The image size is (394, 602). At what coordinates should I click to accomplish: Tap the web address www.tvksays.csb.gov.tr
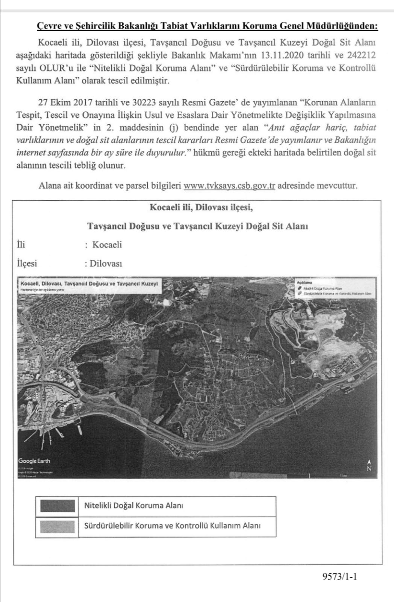tap(229, 185)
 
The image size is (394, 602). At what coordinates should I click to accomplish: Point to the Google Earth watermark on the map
tap(34, 461)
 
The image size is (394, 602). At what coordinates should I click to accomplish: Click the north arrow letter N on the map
tap(369, 468)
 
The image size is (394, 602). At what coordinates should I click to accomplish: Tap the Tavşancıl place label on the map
tap(248, 356)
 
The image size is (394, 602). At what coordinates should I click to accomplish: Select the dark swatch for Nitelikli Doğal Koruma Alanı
tap(57, 506)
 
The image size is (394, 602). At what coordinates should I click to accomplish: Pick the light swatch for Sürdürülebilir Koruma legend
tap(57, 526)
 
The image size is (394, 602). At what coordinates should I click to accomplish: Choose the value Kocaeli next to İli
tap(107, 245)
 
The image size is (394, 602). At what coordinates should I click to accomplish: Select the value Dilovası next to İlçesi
tap(106, 263)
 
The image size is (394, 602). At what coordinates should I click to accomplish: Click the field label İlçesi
tap(27, 263)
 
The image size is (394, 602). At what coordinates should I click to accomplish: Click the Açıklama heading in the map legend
tap(304, 282)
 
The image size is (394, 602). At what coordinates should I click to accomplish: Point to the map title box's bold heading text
tap(89, 283)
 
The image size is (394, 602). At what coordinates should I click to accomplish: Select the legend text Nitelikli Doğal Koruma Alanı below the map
tap(133, 505)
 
